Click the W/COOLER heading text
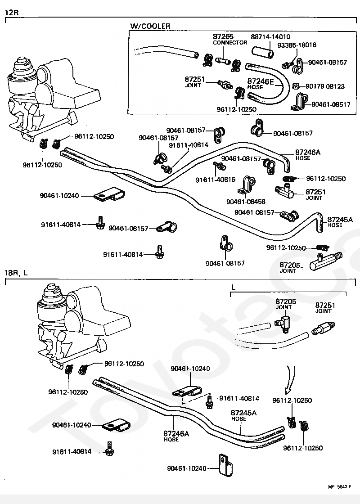tap(150, 26)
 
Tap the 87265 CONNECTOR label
tap(229, 39)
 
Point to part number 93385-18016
tap(297, 45)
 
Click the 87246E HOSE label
tap(260, 84)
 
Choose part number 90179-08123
tap(325, 86)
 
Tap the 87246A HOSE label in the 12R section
tap(308, 155)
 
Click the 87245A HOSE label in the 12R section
tap(340, 222)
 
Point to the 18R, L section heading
tap(16, 273)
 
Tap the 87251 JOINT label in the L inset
tap(325, 307)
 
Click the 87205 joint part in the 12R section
tap(326, 261)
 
